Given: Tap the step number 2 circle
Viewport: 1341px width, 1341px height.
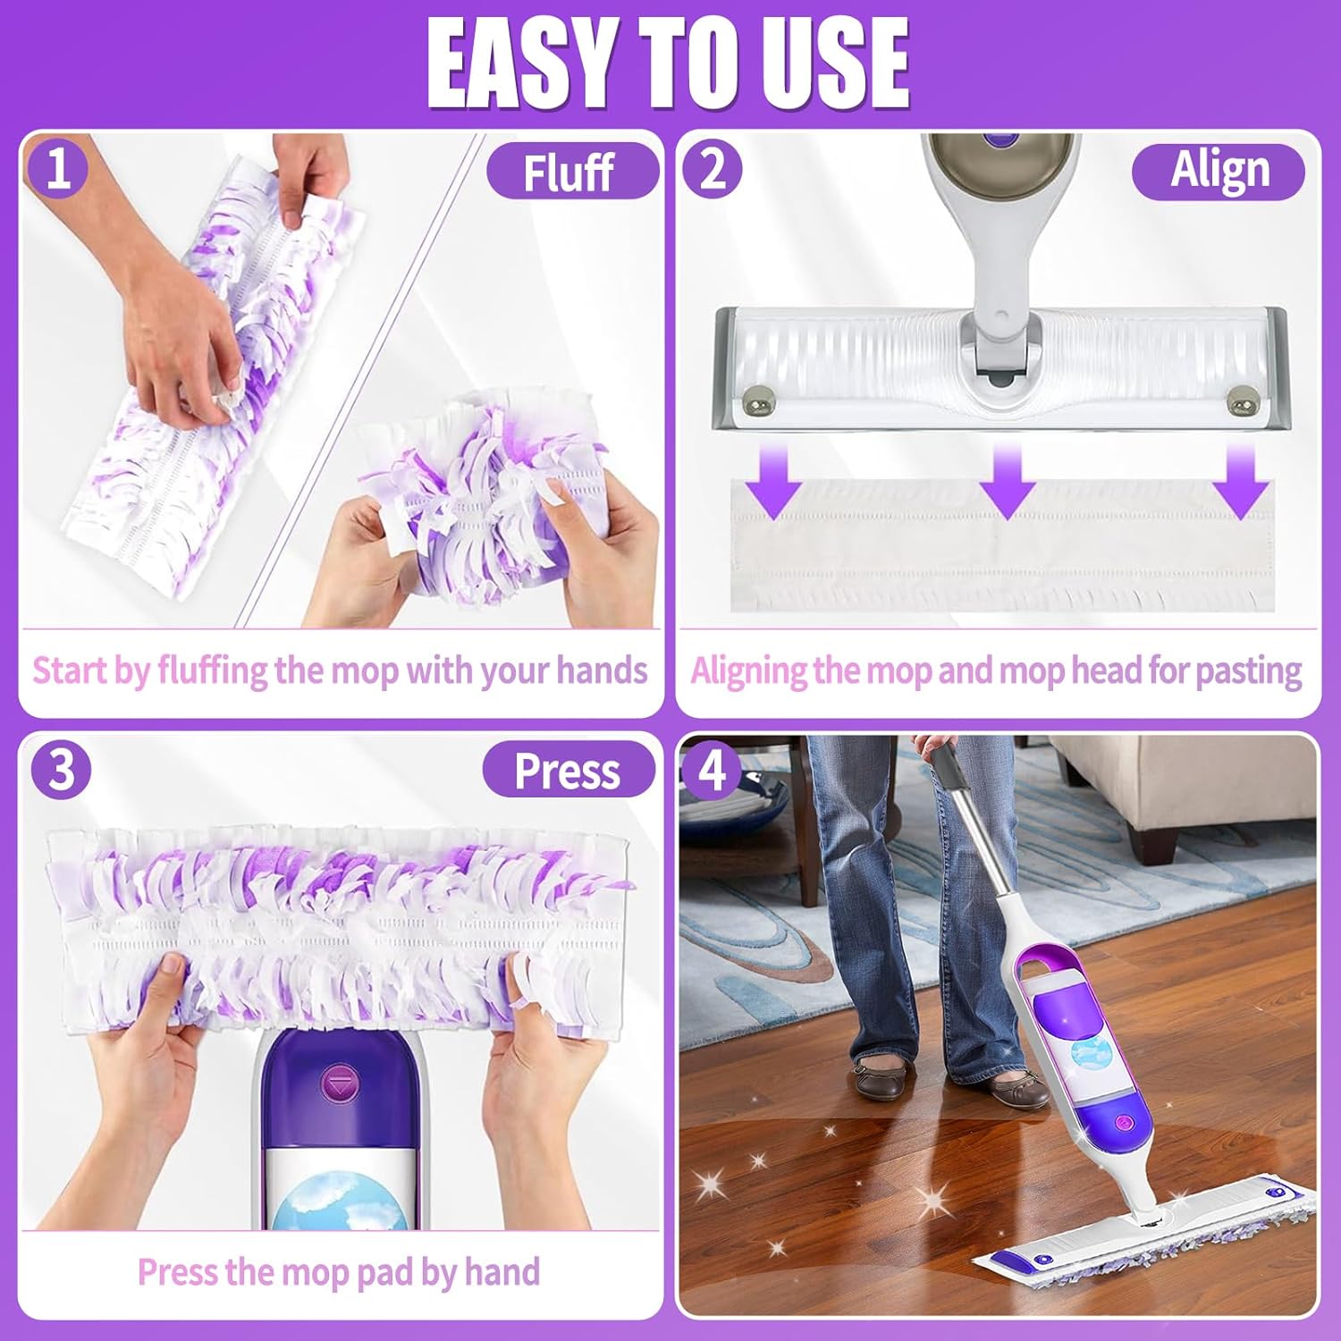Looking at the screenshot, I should click(x=712, y=168).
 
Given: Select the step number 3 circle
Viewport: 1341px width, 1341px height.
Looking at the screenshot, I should click(x=61, y=769).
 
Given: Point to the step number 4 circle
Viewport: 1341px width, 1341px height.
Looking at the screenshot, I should click(x=712, y=769).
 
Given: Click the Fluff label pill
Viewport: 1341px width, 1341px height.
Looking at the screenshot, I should click(x=570, y=171).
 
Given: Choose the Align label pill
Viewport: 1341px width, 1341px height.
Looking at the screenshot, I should click(x=1219, y=171).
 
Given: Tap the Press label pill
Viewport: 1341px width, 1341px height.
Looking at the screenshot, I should click(x=568, y=771).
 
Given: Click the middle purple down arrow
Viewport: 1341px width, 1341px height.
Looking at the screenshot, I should click(x=1008, y=483).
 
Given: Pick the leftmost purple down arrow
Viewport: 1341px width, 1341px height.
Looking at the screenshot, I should click(x=774, y=483).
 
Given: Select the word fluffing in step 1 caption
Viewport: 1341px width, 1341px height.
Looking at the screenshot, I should click(x=213, y=670).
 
